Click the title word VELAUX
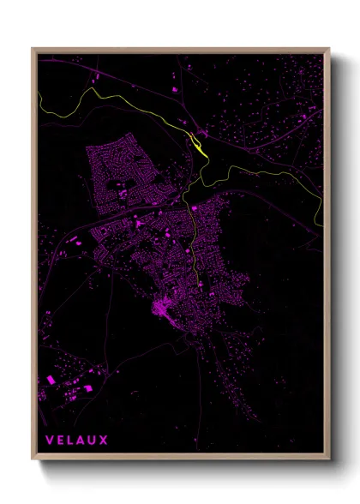[76, 441]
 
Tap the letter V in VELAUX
[50, 441]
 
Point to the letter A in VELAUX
[81, 441]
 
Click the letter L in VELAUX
[71, 441]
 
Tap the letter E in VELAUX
[61, 441]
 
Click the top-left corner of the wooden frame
[33, 49]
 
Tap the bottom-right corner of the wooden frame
[328, 460]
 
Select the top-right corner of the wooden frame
[328, 49]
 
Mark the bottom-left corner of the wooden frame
[33, 460]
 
